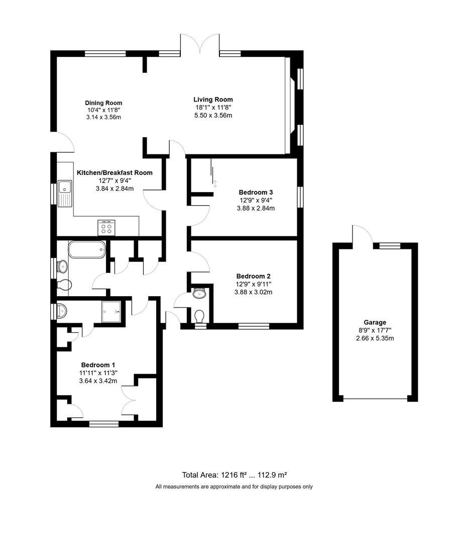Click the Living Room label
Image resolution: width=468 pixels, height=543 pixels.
click(213, 100)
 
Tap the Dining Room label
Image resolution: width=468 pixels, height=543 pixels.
click(103, 103)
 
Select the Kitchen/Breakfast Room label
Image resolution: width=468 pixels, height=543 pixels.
click(114, 172)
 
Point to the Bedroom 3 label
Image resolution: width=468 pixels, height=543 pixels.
click(256, 192)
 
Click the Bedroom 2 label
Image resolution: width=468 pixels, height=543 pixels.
click(254, 276)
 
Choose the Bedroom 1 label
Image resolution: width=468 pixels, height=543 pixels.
click(98, 365)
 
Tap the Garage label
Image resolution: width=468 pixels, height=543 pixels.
click(375, 322)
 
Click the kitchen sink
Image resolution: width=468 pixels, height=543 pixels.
click(65, 193)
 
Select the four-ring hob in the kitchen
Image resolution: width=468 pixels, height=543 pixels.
click(106, 228)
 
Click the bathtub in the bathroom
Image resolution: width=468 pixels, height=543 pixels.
click(87, 249)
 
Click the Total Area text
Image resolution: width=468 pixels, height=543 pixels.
click(234, 475)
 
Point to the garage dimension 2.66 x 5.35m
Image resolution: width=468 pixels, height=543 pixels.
click(375, 338)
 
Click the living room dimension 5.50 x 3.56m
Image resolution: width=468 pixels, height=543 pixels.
click(213, 116)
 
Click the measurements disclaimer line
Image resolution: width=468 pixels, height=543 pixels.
click(234, 487)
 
